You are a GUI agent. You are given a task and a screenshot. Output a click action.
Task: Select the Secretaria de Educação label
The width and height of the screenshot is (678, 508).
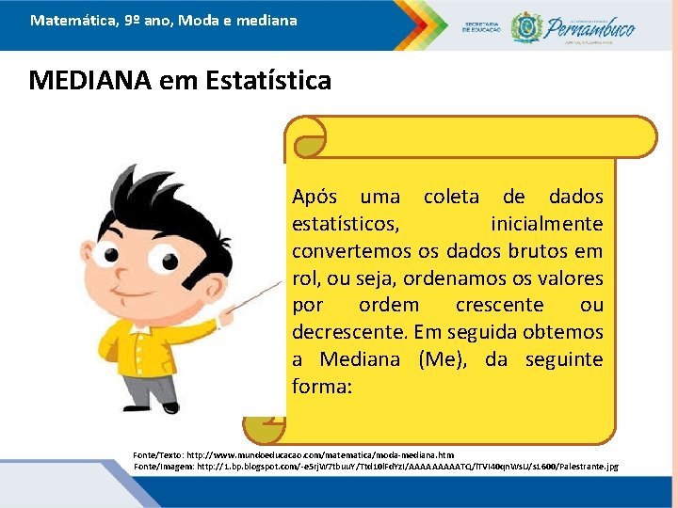tap(482, 27)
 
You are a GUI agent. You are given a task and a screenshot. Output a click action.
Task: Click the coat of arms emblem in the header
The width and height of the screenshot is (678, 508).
tap(525, 26)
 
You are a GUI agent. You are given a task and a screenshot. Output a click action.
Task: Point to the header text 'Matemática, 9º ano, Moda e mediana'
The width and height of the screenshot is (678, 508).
tap(163, 20)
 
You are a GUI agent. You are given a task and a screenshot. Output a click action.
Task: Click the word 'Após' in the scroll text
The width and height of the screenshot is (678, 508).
tap(315, 198)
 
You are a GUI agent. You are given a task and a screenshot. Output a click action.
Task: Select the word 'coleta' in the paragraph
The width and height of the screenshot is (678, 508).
tap(450, 198)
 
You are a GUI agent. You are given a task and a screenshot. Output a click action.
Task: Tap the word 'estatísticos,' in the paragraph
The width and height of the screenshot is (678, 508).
tap(345, 225)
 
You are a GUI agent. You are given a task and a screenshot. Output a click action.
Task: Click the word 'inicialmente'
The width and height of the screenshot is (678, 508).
tap(547, 225)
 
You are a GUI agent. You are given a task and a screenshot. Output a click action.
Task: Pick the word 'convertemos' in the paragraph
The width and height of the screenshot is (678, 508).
tap(351, 251)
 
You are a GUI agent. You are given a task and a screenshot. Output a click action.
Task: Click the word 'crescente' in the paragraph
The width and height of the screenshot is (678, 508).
tap(499, 306)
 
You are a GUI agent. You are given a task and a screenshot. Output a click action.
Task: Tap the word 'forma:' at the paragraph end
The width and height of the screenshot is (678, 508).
tap(321, 387)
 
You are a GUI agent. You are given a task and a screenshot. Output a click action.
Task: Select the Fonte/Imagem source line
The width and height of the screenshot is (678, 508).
tap(377, 467)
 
